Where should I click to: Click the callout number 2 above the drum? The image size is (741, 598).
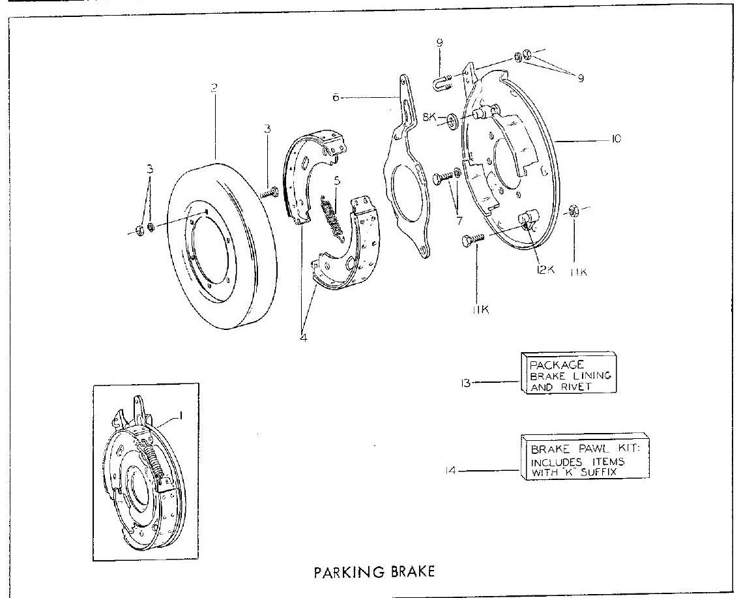214,88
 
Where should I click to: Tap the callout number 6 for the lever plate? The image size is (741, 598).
336,98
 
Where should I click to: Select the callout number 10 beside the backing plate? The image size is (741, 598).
616,139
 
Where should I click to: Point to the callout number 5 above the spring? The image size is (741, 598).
336,181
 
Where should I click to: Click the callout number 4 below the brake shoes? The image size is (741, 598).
303,338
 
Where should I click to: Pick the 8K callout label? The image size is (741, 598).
429,117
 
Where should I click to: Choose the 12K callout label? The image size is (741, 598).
545,269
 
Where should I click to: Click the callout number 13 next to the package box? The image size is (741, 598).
465,383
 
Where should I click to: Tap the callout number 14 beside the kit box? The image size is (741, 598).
451,471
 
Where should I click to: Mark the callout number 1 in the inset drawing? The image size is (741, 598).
180,416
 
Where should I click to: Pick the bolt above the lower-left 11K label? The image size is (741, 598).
472,239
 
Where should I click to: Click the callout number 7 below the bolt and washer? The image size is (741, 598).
459,220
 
